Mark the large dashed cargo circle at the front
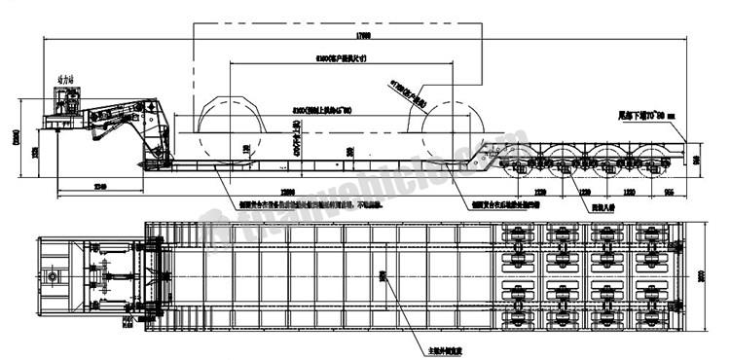pos(234,126)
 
